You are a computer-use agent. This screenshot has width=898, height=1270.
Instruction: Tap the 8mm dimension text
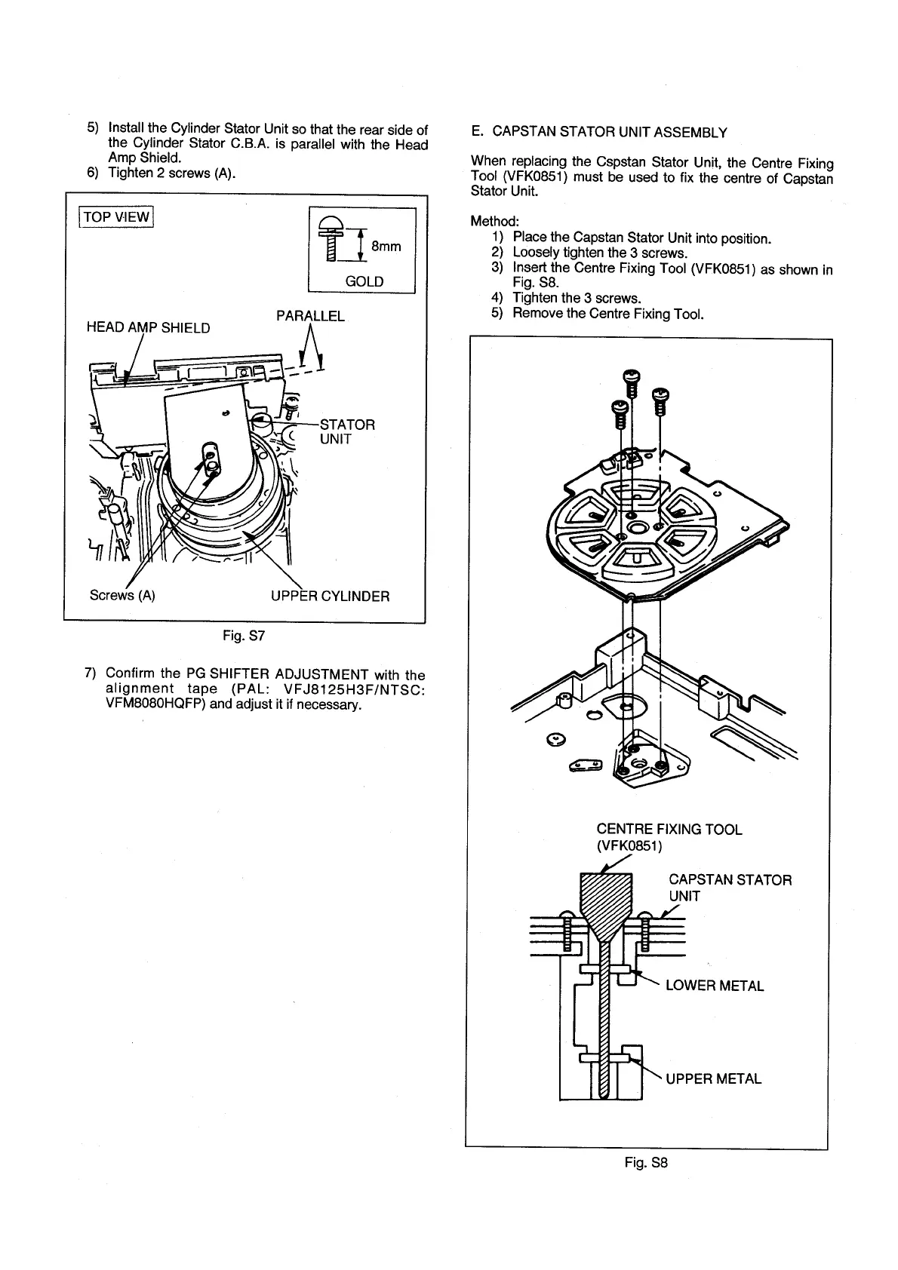386,247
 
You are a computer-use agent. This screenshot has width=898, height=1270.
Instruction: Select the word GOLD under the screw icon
364,281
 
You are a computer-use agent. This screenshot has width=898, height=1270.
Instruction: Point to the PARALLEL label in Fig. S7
310,316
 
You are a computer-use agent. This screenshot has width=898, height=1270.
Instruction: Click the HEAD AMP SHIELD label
149,328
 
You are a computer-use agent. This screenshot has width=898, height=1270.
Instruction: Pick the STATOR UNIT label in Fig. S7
347,431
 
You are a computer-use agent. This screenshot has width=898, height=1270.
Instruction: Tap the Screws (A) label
122,595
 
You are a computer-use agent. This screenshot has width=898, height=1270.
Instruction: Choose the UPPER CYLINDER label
330,597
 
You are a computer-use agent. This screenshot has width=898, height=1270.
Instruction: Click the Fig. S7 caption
244,636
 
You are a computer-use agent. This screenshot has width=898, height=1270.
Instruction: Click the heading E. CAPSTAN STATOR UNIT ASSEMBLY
598,133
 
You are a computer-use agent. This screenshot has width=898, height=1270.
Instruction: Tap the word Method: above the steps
495,222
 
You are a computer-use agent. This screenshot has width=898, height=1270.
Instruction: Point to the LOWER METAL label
714,986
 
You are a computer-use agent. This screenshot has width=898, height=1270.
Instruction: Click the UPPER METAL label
713,1078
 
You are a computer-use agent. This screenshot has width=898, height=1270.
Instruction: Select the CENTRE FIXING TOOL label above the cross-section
669,830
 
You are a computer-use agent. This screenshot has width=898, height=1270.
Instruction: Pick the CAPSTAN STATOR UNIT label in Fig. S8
730,888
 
